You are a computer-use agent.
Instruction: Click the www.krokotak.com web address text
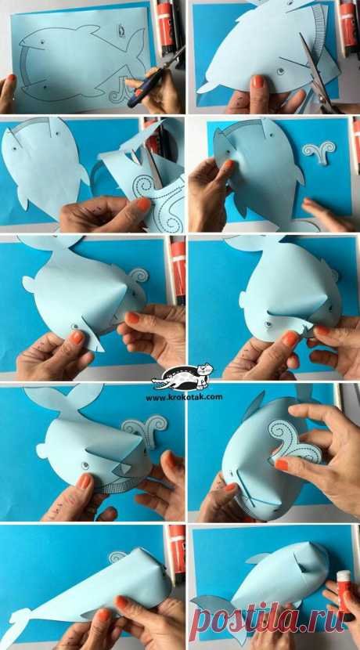pos(184,397)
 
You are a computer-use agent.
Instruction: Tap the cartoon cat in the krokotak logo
pos(204,370)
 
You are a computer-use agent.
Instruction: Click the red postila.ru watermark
pos(267,619)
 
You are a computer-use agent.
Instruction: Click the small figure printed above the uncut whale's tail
pos(121,31)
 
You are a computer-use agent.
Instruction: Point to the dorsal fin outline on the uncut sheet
pos(90,29)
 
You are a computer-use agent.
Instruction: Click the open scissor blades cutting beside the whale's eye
pos(317,74)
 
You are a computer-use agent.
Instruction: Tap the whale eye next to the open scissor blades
pos(281,71)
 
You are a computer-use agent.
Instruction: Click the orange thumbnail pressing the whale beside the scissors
pos(258,81)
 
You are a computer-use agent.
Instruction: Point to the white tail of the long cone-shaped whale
pos(16,625)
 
